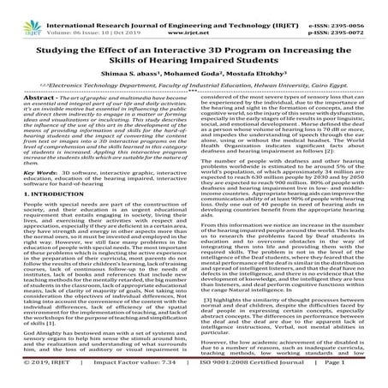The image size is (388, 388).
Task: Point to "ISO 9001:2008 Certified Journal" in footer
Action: point(248,378)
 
